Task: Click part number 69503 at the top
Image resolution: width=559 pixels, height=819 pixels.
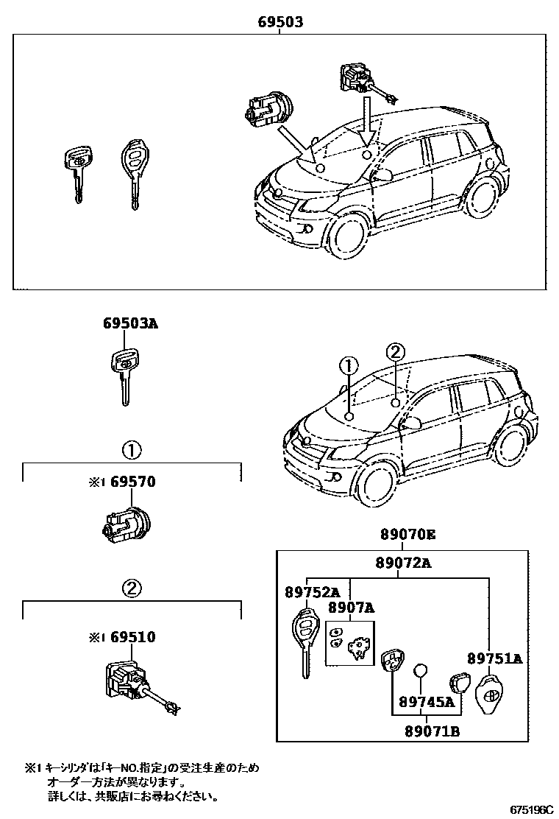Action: point(280,23)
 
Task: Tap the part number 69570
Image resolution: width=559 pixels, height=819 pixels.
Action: point(133,482)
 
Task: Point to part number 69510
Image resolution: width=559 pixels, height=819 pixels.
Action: point(133,636)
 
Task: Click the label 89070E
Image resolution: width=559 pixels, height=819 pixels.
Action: point(407,534)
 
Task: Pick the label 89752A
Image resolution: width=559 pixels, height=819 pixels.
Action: point(313,591)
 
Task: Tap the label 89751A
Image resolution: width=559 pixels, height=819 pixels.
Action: point(494,658)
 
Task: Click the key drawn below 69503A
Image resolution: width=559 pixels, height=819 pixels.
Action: point(124,375)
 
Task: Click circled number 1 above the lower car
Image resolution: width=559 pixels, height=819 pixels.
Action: point(348,365)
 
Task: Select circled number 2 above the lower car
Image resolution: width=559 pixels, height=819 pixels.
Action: point(395,353)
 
